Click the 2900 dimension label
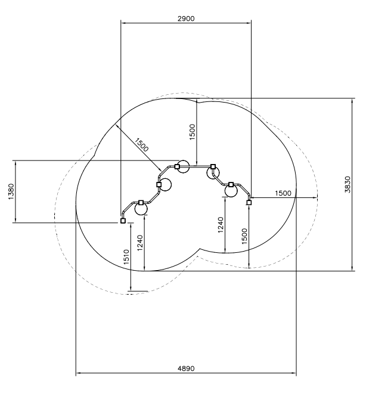point(186,18)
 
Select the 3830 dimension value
point(347,184)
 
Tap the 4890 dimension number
point(186,369)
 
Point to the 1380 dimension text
point(11,191)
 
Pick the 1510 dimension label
point(126,257)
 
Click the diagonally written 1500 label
point(141,145)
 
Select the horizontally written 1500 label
point(283,193)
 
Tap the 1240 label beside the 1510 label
point(140,243)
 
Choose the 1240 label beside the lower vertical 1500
point(221,225)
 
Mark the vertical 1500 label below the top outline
point(192,132)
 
